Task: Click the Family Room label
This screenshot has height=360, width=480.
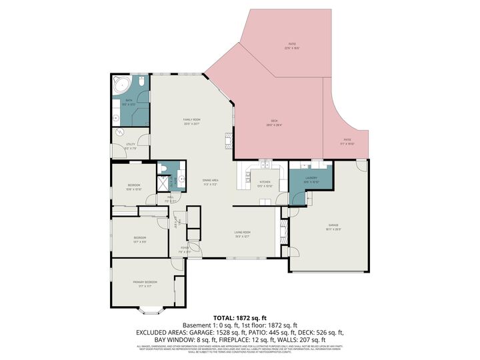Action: (192, 121)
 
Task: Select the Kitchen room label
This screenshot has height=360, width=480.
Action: (265, 184)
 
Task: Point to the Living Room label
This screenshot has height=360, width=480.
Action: (241, 234)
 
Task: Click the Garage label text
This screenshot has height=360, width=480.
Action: (333, 227)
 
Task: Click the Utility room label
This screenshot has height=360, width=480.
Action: (131, 147)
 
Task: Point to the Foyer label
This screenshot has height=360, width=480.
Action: (185, 251)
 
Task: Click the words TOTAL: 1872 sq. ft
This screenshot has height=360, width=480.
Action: (239, 318)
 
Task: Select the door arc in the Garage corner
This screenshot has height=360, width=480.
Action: (361, 165)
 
